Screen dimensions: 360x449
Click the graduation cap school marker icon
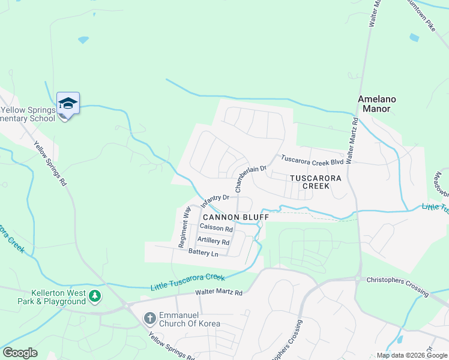68,104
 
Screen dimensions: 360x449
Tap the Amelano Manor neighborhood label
375,104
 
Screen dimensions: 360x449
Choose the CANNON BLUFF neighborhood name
235,217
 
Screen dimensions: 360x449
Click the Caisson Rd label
216,229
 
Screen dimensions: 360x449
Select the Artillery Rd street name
213,242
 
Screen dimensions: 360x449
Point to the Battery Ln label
203,254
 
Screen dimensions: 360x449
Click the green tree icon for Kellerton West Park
94,296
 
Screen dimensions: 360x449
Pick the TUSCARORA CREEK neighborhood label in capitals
315,182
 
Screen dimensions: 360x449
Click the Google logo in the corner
20,353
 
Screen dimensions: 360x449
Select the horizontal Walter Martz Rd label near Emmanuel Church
218,293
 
